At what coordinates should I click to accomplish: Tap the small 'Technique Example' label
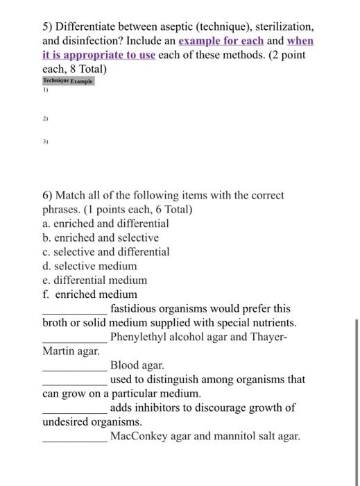click(69, 81)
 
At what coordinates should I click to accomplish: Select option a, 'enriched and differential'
click(105, 224)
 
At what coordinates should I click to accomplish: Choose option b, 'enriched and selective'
click(101, 237)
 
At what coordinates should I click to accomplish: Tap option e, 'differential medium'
click(94, 280)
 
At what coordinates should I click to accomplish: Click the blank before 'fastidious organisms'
click(74, 310)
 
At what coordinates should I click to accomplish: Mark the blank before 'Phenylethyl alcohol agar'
click(74, 338)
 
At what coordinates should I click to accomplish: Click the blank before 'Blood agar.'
click(74, 366)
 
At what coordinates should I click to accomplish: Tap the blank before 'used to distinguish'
click(74, 380)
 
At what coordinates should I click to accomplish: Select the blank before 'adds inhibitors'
click(74, 408)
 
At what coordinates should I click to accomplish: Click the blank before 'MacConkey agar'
click(74, 437)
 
